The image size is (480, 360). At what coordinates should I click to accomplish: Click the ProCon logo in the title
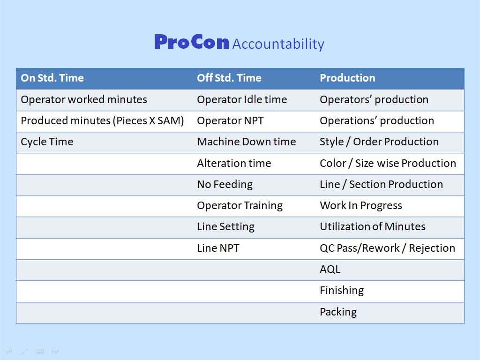pos(192,42)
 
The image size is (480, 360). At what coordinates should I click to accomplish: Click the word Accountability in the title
pos(278,44)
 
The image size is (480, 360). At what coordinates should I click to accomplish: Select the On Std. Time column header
pos(52,78)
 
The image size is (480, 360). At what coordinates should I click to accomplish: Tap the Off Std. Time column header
pos(229,78)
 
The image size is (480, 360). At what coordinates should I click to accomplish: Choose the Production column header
pos(347,78)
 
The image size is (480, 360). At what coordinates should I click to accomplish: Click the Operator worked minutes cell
pos(84,99)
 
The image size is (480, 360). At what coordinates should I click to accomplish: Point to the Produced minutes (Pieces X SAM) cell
pos(102,120)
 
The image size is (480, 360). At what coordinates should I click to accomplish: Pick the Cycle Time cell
pos(47,142)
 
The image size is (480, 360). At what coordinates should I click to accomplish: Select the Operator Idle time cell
pos(242,99)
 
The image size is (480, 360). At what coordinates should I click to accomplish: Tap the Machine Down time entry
pos(247,142)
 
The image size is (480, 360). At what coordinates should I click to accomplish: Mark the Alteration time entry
pos(234,163)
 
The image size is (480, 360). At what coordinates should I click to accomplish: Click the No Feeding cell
pos(225,184)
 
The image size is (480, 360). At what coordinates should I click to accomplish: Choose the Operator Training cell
pos(240,205)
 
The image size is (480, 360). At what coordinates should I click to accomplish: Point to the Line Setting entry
pos(225,226)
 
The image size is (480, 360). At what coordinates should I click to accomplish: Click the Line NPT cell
pos(218,248)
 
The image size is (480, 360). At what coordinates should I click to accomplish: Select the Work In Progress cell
pos(361,205)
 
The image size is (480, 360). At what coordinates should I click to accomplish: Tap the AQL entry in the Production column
pos(330,269)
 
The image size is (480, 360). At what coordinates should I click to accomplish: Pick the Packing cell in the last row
pos(338,312)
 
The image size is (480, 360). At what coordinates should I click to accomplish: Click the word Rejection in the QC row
pos(432,248)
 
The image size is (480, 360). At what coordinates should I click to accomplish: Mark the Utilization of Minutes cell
pos(373,226)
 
